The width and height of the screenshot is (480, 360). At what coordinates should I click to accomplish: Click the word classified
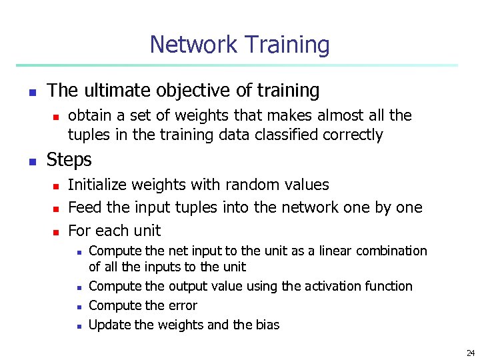point(281,135)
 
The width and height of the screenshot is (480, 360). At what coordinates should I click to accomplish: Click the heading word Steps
point(69,160)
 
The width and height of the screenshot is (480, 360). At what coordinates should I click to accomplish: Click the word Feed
point(85,207)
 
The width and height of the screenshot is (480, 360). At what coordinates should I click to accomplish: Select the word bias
point(267,325)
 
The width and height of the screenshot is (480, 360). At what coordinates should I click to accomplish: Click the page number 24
point(471,353)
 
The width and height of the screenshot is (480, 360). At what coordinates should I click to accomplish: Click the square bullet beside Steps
point(31,161)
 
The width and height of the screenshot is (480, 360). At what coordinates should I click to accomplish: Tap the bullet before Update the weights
point(78,326)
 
